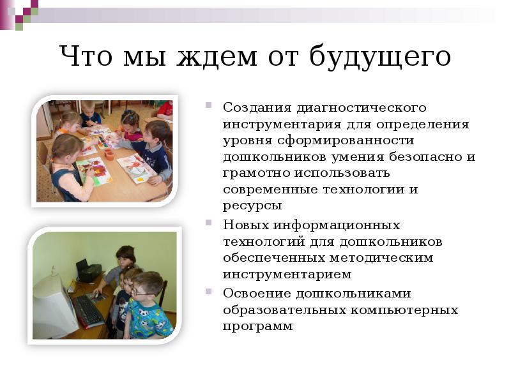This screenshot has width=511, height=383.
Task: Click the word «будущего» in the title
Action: [381, 58]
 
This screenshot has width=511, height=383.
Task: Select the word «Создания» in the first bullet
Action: [252, 107]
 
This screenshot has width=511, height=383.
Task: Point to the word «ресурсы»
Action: [252, 206]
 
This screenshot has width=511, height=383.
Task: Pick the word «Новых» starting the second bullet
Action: [246, 225]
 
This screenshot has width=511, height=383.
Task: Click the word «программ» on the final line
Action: [258, 326]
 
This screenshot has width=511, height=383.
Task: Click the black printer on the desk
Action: [88, 271]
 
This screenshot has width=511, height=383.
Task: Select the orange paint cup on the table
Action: [109, 154]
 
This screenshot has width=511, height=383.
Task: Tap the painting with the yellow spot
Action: [137, 169]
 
